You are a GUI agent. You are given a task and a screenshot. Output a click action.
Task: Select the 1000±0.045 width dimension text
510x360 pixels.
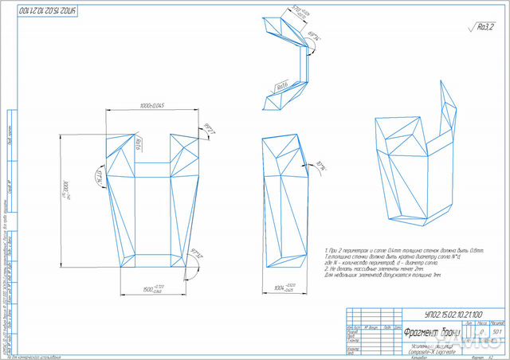[x=146, y=107]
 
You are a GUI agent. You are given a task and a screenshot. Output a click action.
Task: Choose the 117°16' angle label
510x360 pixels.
[x=100, y=176]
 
